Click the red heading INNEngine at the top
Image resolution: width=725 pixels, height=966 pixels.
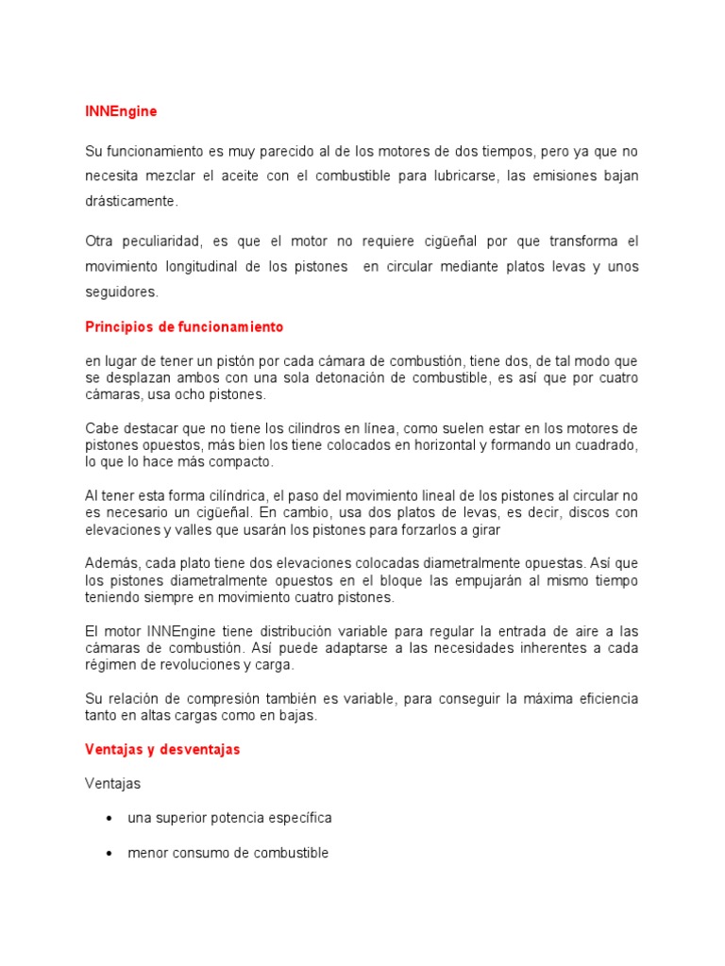tap(121, 111)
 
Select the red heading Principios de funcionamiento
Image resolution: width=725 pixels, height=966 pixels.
tap(184, 327)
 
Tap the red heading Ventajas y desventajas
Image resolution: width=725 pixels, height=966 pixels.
tap(162, 749)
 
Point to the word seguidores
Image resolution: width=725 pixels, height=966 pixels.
tap(121, 292)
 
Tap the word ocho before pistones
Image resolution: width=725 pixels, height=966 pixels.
tap(196, 394)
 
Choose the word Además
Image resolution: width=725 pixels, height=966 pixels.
tap(110, 563)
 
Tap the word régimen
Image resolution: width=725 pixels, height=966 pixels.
tap(110, 664)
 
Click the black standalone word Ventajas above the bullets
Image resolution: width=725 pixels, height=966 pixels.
tap(111, 783)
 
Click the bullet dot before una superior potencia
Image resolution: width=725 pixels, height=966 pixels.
tap(112, 818)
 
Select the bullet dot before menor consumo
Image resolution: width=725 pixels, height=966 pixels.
tap(112, 853)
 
